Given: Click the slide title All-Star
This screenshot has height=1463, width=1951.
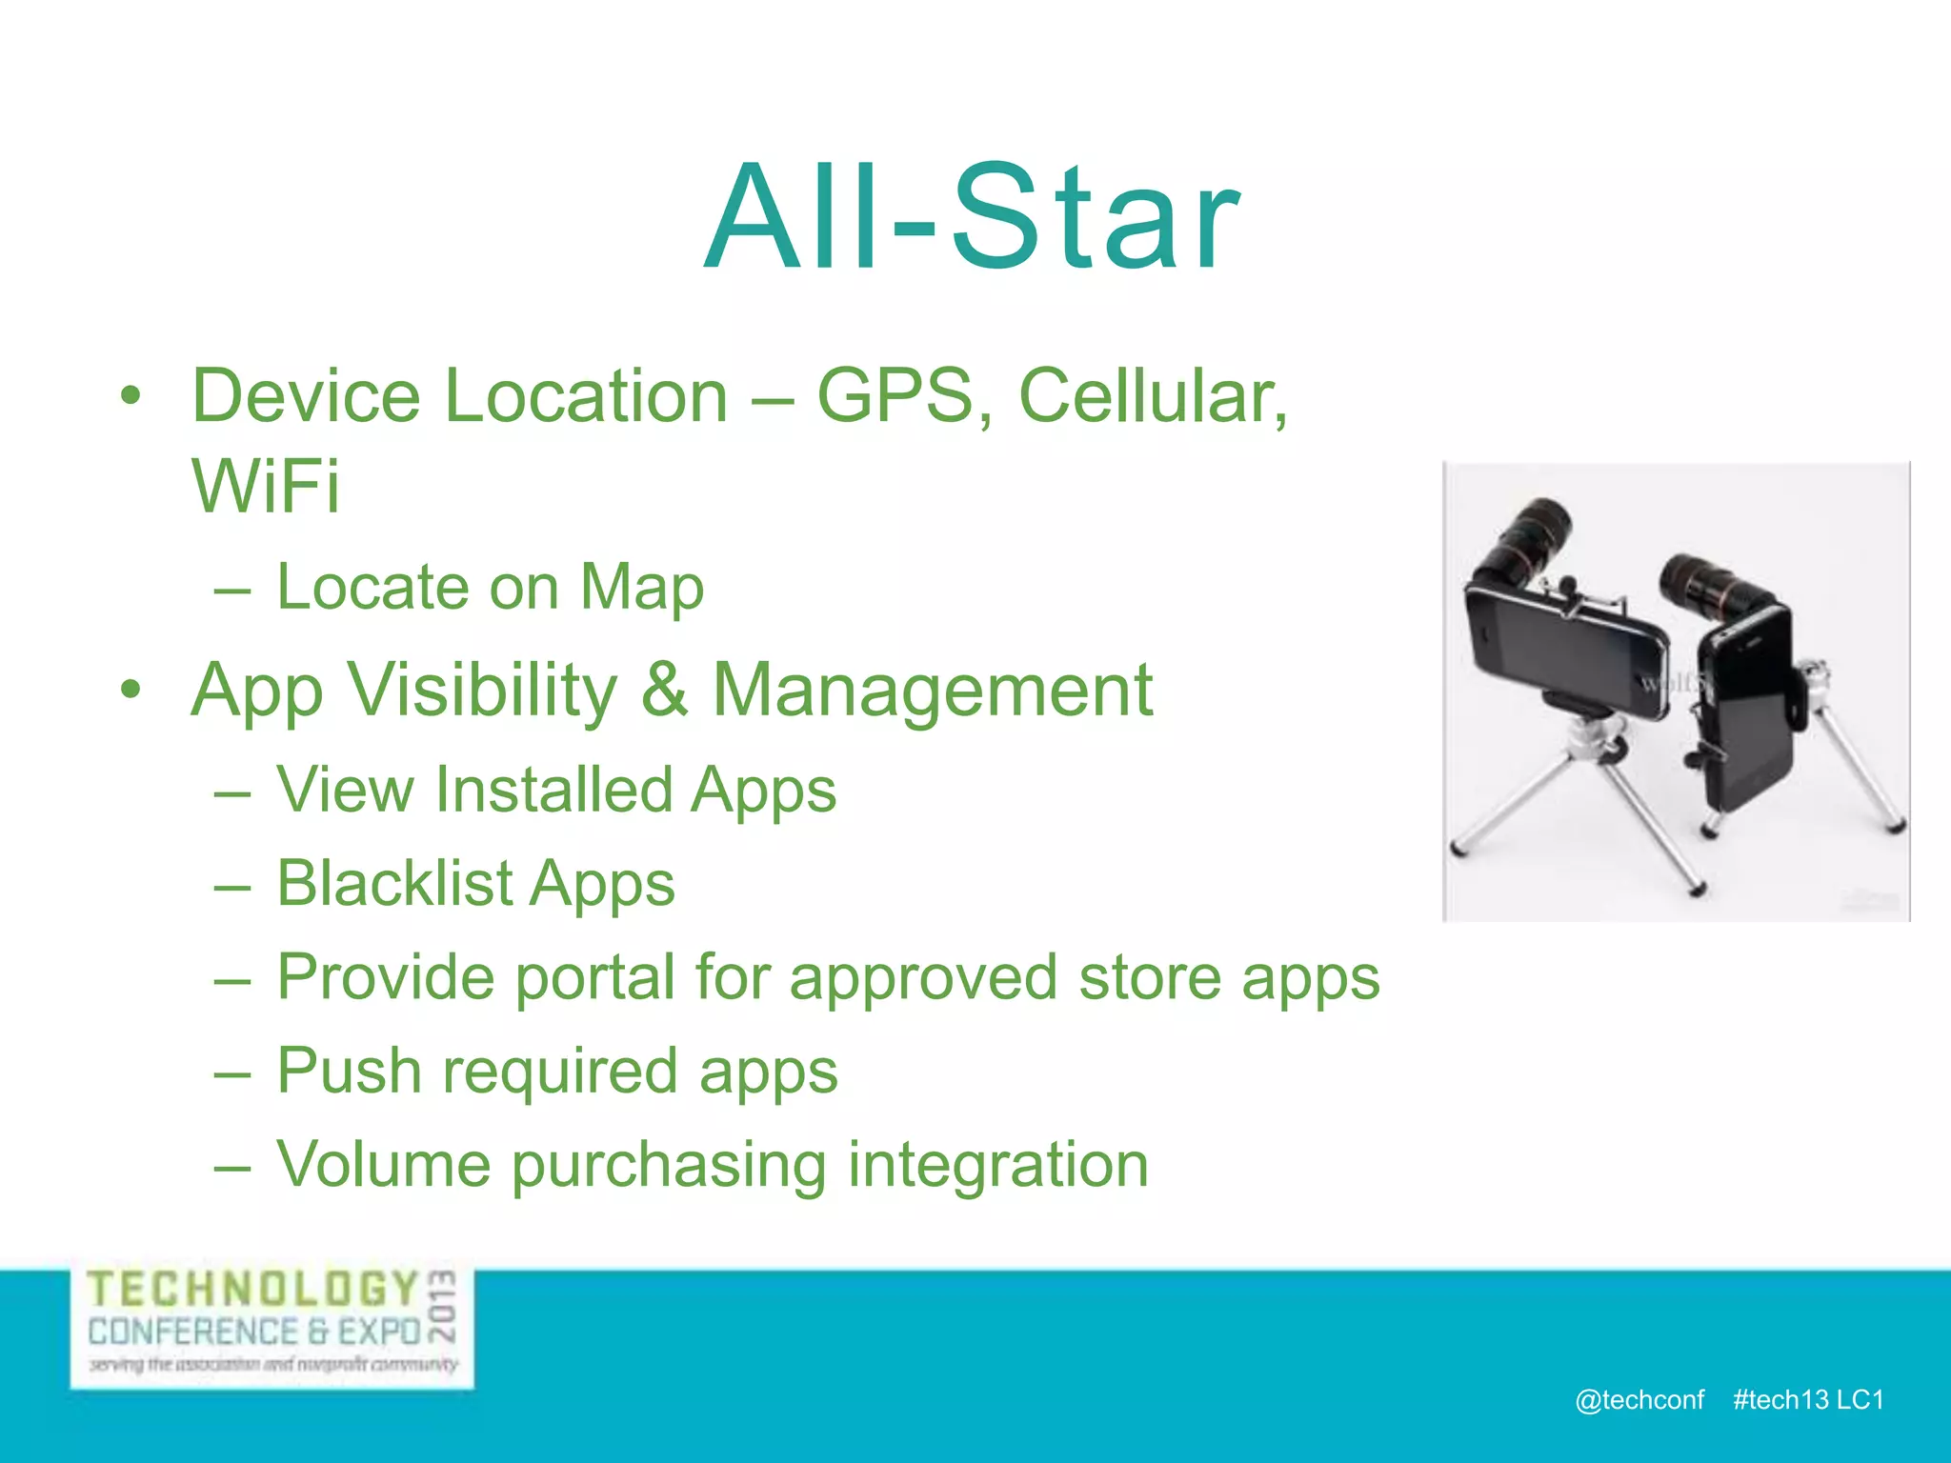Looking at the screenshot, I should click(972, 219).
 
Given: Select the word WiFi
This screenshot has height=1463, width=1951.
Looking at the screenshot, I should click(265, 486).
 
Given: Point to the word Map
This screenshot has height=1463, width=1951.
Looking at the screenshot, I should click(642, 587).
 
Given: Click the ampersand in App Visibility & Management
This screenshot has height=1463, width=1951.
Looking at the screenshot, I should click(664, 690).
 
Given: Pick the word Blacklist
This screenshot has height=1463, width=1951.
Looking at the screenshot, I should click(395, 884).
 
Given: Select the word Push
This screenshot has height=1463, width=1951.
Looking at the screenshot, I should click(349, 1071).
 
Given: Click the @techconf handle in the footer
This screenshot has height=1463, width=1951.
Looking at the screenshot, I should click(1639, 1399).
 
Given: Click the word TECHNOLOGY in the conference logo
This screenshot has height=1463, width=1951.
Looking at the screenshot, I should click(253, 1290).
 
